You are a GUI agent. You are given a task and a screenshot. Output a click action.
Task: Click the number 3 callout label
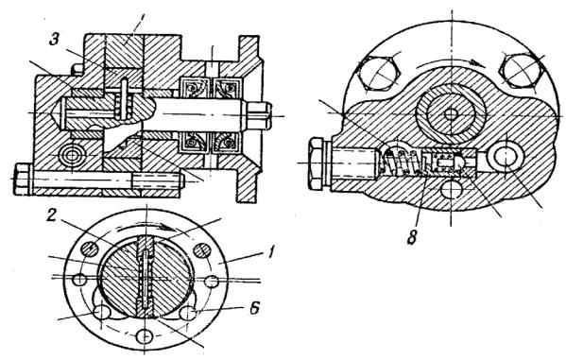(54, 40)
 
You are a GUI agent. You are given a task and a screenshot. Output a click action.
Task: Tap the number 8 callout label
(412, 237)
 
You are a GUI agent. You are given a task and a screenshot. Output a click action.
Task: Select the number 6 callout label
(254, 308)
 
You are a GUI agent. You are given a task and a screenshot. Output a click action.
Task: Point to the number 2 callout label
(52, 215)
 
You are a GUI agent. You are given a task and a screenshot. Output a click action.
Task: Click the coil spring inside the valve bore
(402, 163)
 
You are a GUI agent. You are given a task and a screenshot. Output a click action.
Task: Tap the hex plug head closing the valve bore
(317, 163)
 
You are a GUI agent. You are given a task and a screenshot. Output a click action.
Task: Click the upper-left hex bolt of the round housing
(378, 73)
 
